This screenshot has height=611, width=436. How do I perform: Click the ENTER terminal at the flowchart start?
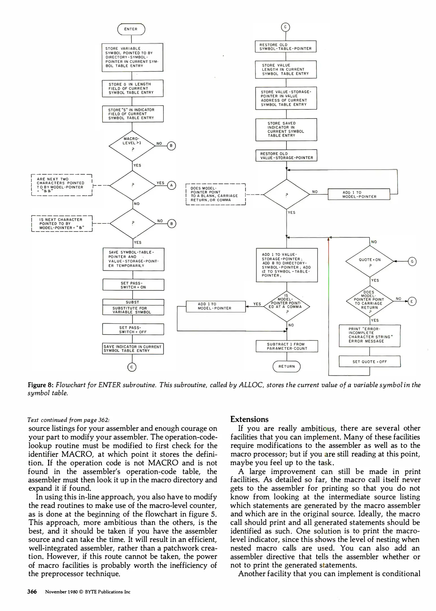[x=131, y=29]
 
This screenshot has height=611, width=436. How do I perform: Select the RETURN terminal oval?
[x=286, y=366]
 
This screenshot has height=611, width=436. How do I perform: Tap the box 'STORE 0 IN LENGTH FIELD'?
[x=133, y=88]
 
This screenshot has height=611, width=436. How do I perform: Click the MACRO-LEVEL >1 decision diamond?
[x=132, y=146]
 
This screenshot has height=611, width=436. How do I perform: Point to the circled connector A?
[x=171, y=185]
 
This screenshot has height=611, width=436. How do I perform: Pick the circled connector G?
[x=412, y=261]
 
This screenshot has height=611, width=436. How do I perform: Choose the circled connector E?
[x=412, y=302]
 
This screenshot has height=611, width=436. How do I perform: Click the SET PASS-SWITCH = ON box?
[x=133, y=285]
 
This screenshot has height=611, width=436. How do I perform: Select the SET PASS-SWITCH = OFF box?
[x=133, y=330]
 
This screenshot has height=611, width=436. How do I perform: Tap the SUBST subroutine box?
[x=133, y=307]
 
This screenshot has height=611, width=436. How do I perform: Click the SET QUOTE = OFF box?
[x=370, y=362]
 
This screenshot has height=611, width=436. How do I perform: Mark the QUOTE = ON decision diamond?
[x=370, y=261]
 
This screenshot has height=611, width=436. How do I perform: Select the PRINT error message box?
[x=370, y=335]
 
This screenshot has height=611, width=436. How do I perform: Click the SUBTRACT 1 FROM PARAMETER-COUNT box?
[x=287, y=346]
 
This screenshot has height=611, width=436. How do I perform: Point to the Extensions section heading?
[x=249, y=419]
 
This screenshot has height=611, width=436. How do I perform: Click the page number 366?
[x=32, y=591]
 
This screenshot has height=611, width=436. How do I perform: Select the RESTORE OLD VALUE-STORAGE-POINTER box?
[x=286, y=156]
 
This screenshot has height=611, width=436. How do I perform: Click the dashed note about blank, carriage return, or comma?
[x=215, y=194]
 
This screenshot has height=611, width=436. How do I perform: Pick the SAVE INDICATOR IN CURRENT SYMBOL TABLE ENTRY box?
[x=133, y=348]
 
